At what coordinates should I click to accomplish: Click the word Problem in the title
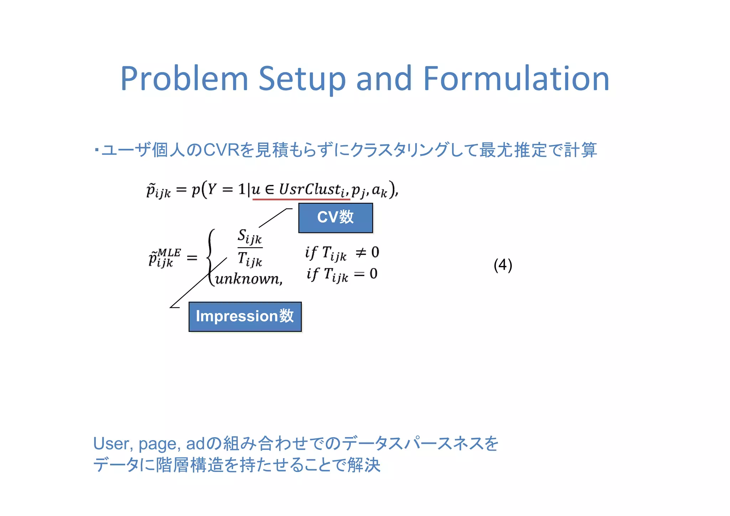point(184,79)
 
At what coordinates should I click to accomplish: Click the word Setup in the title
point(302,79)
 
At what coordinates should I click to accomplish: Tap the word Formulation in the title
point(516,79)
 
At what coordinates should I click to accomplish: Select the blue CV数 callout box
point(335,218)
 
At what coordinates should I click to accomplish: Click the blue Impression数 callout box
point(245,317)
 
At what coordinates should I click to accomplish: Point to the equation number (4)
point(503,265)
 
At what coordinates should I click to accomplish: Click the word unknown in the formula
point(247,279)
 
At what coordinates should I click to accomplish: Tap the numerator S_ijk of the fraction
point(250,237)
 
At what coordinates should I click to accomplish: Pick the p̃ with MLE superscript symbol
point(164,257)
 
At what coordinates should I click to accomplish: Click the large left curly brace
point(211,257)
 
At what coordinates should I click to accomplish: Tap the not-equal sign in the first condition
point(361,253)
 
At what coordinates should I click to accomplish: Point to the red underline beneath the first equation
point(301,199)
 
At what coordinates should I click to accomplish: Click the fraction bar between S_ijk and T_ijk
point(250,247)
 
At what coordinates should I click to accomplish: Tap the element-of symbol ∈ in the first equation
point(269,189)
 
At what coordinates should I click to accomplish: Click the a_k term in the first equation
point(379,190)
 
